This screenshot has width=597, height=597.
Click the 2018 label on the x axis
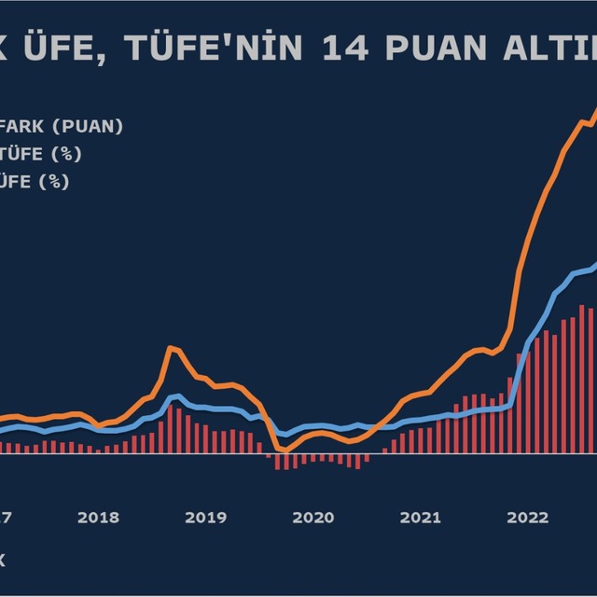pyautogui.click(x=98, y=517)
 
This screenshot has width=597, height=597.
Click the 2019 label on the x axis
pyautogui.click(x=205, y=517)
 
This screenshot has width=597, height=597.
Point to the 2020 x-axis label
pyautogui.click(x=312, y=517)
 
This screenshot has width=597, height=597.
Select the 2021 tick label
pyautogui.click(x=420, y=517)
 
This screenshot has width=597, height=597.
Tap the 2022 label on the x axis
pyautogui.click(x=527, y=517)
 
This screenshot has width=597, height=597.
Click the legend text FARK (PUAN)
pyautogui.click(x=62, y=127)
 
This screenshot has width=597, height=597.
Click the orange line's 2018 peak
pyautogui.click(x=171, y=348)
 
